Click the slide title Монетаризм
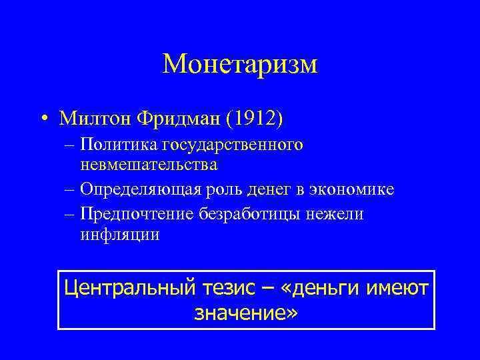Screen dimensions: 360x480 pos(240,64)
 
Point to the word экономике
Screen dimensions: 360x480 pos(355,189)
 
